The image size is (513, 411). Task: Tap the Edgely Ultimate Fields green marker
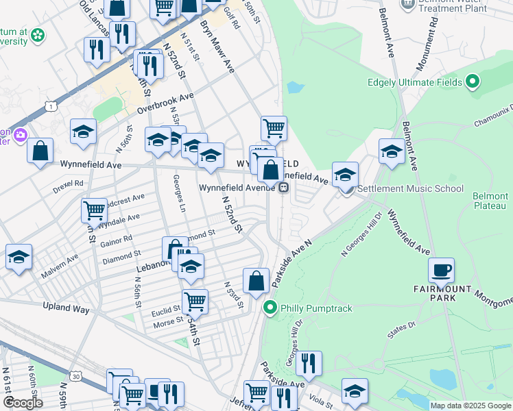tap(472, 83)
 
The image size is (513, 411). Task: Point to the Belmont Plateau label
tap(490, 201)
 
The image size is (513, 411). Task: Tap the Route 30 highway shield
tap(75, 376)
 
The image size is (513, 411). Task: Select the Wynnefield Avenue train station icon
tap(283, 188)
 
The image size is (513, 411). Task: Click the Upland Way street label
tap(67, 309)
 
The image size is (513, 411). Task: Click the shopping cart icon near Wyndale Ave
tap(93, 209)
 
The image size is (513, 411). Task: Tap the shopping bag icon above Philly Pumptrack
tap(256, 279)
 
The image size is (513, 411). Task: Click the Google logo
tap(23, 403)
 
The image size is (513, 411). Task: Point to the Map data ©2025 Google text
tap(470, 406)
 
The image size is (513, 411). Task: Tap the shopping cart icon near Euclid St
tap(195, 300)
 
